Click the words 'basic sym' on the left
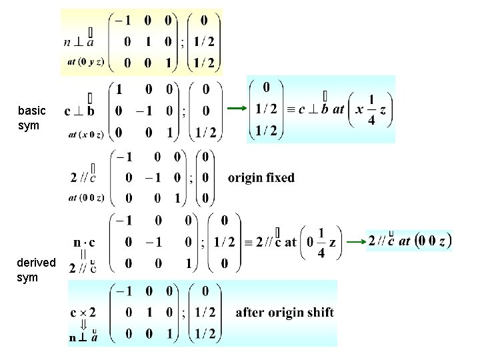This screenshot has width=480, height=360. (x=32, y=117)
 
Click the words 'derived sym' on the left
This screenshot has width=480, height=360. (x=36, y=269)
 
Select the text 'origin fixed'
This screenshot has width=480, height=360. (x=261, y=177)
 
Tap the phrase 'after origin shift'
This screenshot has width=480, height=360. (x=285, y=312)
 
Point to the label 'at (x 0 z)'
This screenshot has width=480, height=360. (x=85, y=135)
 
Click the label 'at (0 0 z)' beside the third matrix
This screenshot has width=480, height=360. (x=85, y=197)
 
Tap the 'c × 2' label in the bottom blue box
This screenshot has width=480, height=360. (x=83, y=311)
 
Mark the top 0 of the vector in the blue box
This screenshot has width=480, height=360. (x=267, y=87)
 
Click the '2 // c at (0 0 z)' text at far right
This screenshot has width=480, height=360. (x=410, y=241)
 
